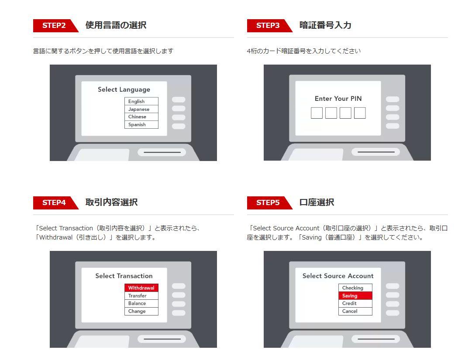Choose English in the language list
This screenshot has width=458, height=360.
[141, 101]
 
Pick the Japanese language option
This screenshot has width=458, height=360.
[141, 109]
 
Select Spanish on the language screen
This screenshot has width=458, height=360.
[141, 125]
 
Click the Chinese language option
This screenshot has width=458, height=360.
[141, 117]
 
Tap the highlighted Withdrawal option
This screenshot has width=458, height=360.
[141, 288]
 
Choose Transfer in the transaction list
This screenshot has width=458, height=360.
[141, 296]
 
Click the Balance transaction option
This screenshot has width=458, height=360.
[141, 303]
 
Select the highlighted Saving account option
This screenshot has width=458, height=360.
[355, 296]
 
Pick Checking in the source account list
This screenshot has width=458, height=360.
[355, 288]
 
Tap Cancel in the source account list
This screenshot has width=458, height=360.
[355, 311]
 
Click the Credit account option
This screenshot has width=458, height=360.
[355, 303]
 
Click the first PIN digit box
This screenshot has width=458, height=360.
[317, 113]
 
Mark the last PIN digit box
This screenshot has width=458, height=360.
[360, 113]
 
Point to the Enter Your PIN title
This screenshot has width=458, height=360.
[338, 99]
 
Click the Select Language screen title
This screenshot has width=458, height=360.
[124, 89]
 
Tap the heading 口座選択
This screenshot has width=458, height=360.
[317, 202]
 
